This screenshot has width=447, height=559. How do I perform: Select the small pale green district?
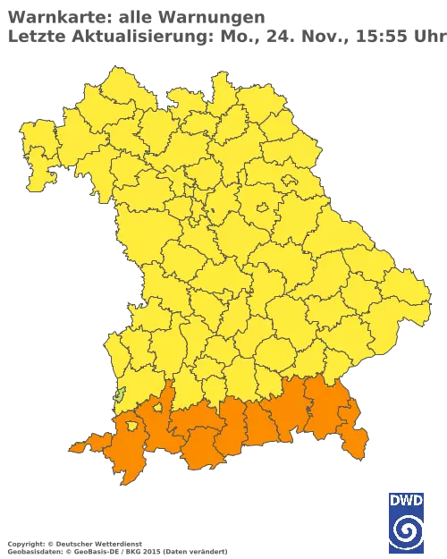[x=120, y=394]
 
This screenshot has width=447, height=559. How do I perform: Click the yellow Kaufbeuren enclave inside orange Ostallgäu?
[x=157, y=409]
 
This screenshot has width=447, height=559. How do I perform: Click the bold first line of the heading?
[x=134, y=17]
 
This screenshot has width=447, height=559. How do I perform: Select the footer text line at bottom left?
[x=116, y=543]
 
